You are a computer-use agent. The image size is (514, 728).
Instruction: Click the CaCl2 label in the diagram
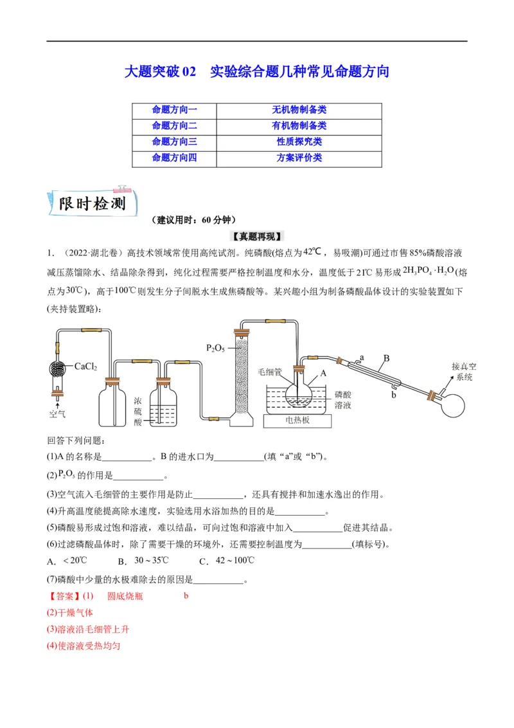tap(85, 367)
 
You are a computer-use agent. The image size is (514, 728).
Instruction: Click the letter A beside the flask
tap(324, 372)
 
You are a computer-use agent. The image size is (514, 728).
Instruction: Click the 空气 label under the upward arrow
tap(58, 414)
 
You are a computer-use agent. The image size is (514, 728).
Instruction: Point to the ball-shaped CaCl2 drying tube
tap(58, 369)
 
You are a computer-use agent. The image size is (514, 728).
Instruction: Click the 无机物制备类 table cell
tap(299, 110)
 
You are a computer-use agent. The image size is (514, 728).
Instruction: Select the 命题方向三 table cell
tap(174, 141)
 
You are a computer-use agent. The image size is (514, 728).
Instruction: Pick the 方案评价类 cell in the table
tap(299, 158)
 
